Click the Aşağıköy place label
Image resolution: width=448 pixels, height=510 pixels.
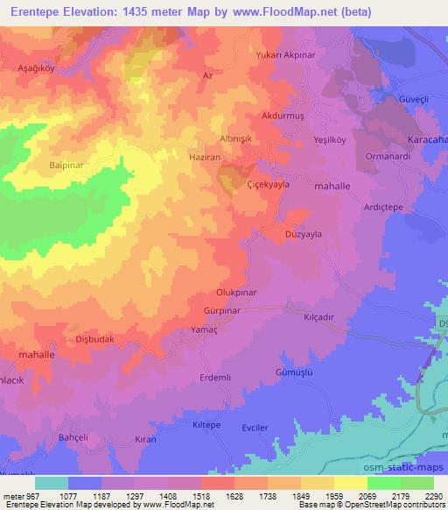coord(37,67)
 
